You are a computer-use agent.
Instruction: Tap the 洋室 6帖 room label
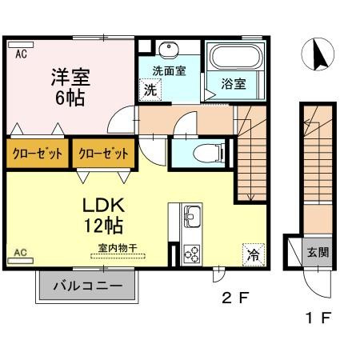[71, 88]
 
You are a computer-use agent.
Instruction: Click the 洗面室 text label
[170, 70]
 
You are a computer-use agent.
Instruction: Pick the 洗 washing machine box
[150, 90]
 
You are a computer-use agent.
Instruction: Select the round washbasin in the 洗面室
[169, 50]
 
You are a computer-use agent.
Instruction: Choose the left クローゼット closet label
[37, 153]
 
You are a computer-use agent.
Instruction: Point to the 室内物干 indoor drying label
[118, 249]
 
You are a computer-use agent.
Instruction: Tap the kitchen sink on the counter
[193, 216]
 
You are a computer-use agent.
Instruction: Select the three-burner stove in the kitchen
[192, 254]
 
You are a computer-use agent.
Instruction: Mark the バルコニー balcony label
[89, 286]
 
